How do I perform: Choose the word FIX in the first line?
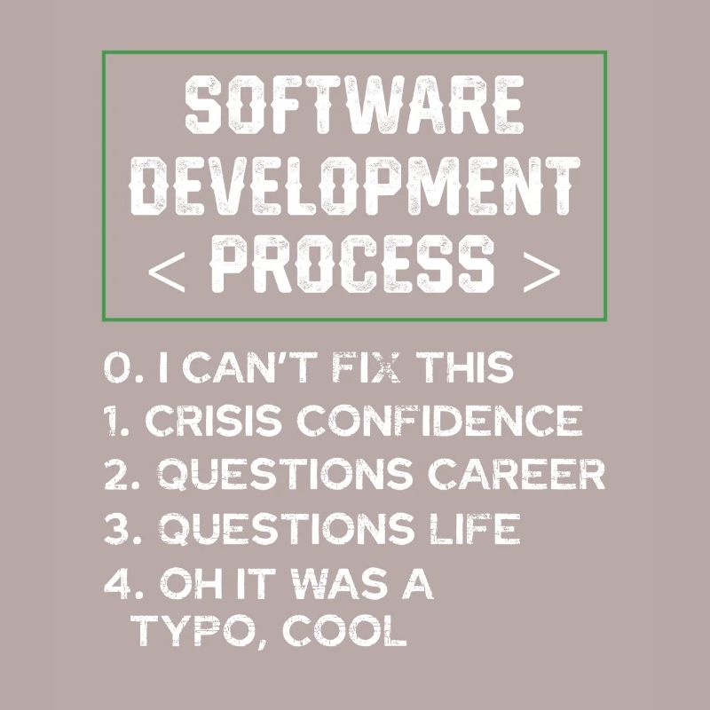click(x=342, y=368)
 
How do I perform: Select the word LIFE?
click(x=477, y=530)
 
